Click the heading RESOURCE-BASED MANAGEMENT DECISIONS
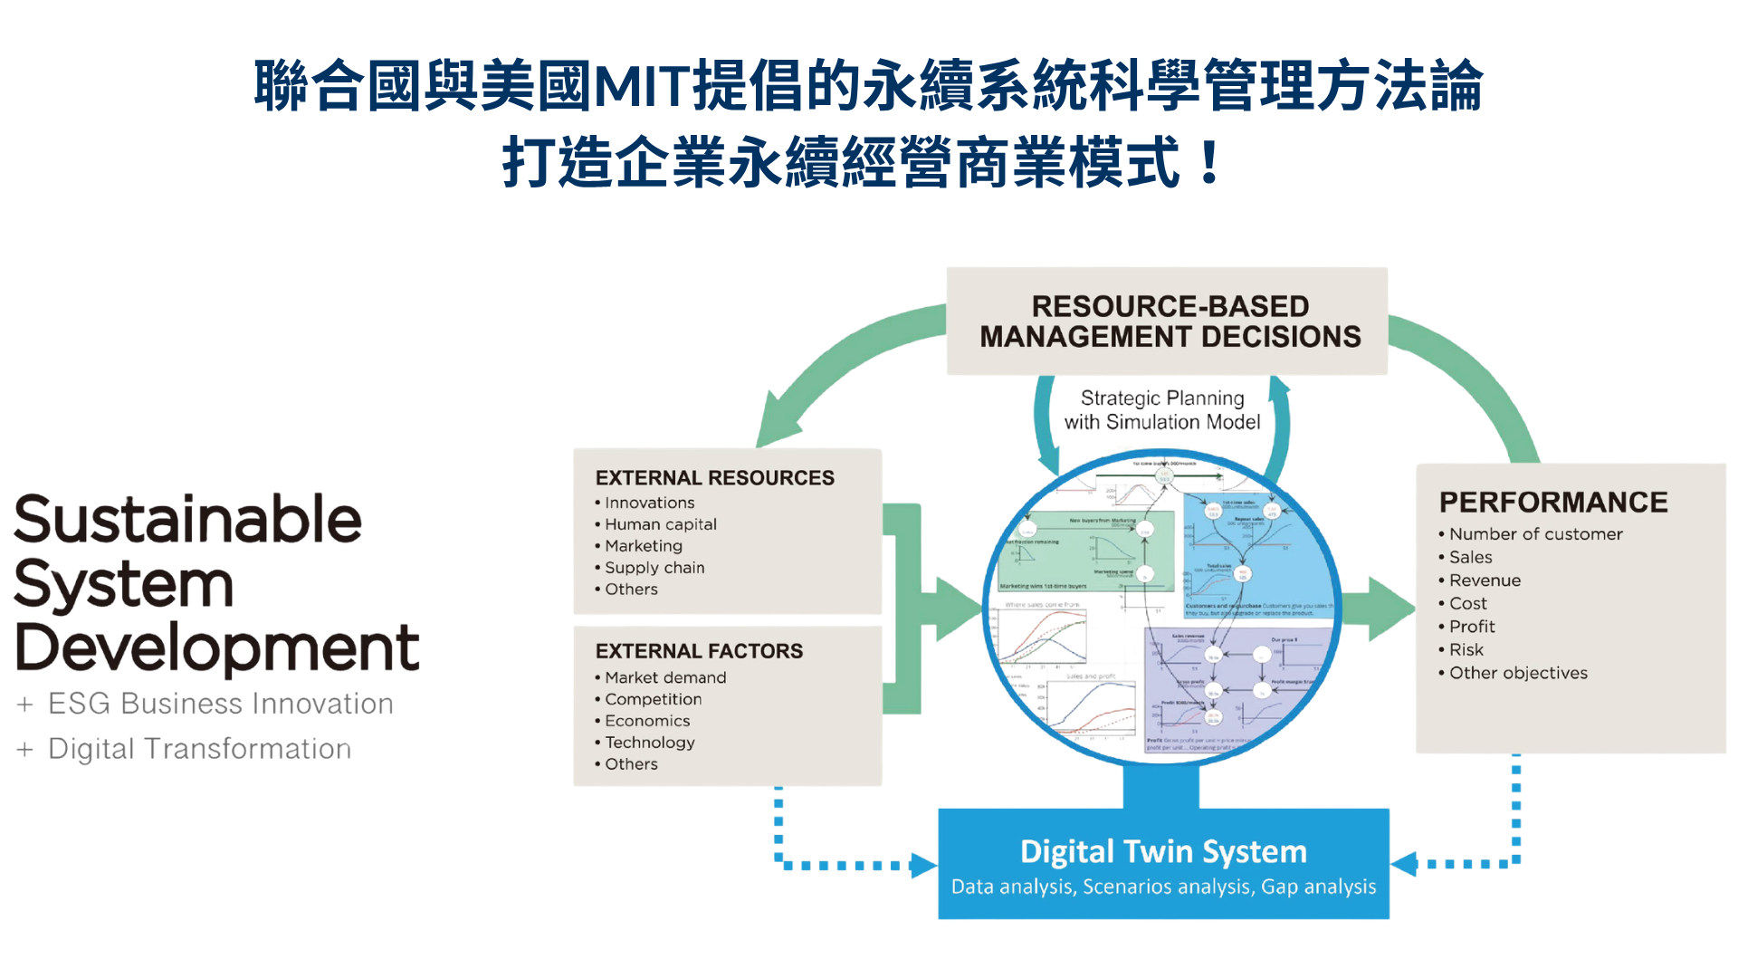pos(1170,321)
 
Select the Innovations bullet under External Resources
pos(649,503)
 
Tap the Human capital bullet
pos(660,524)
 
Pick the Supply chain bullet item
pos(654,568)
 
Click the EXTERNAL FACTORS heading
pos(699,651)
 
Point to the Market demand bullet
pos(664,677)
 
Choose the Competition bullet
pos(653,699)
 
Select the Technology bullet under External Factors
pos(649,743)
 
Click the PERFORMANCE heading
pos(1553,503)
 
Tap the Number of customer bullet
pos(1535,534)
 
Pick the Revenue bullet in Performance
pos(1485,580)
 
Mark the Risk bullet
pos(1466,650)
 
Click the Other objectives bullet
pos(1518,673)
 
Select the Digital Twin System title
pos(1163,851)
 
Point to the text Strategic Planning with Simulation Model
pos(1163,410)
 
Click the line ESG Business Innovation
pos(220,704)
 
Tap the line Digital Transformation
pos(199,749)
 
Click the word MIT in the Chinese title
pos(642,87)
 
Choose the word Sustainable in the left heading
pos(188,520)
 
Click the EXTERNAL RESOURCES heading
pos(714,478)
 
